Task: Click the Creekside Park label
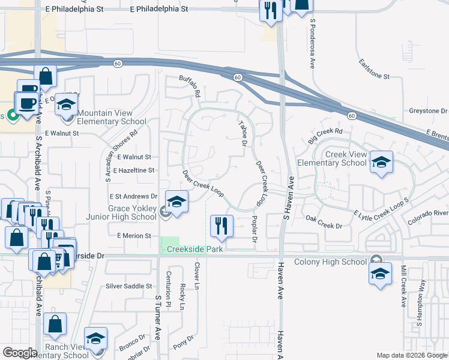click(191, 248)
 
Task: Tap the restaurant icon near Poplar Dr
click(221, 226)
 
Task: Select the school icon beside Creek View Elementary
click(381, 162)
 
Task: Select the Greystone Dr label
click(429, 111)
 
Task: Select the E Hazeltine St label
click(132, 170)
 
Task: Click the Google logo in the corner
click(20, 353)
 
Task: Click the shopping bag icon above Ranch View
click(54, 324)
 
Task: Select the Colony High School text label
click(331, 262)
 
